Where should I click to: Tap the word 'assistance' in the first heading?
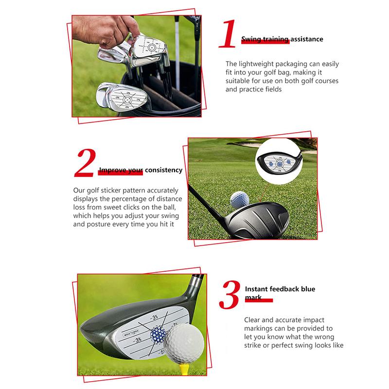coord(306,39)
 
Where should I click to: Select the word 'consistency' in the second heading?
coord(163,170)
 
